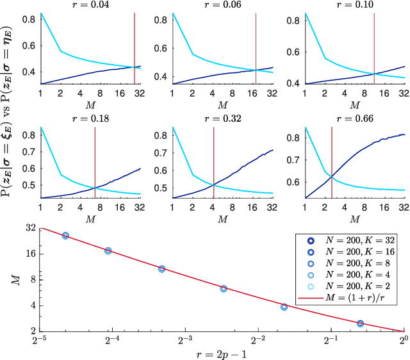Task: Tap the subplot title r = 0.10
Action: (354, 5)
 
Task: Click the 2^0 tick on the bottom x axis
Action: (404, 340)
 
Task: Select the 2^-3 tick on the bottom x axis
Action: (185, 340)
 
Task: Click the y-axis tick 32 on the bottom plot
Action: (29, 227)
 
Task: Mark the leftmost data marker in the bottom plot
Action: (65, 236)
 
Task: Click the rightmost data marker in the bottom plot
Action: (360, 323)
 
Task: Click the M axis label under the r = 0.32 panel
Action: (222, 219)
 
